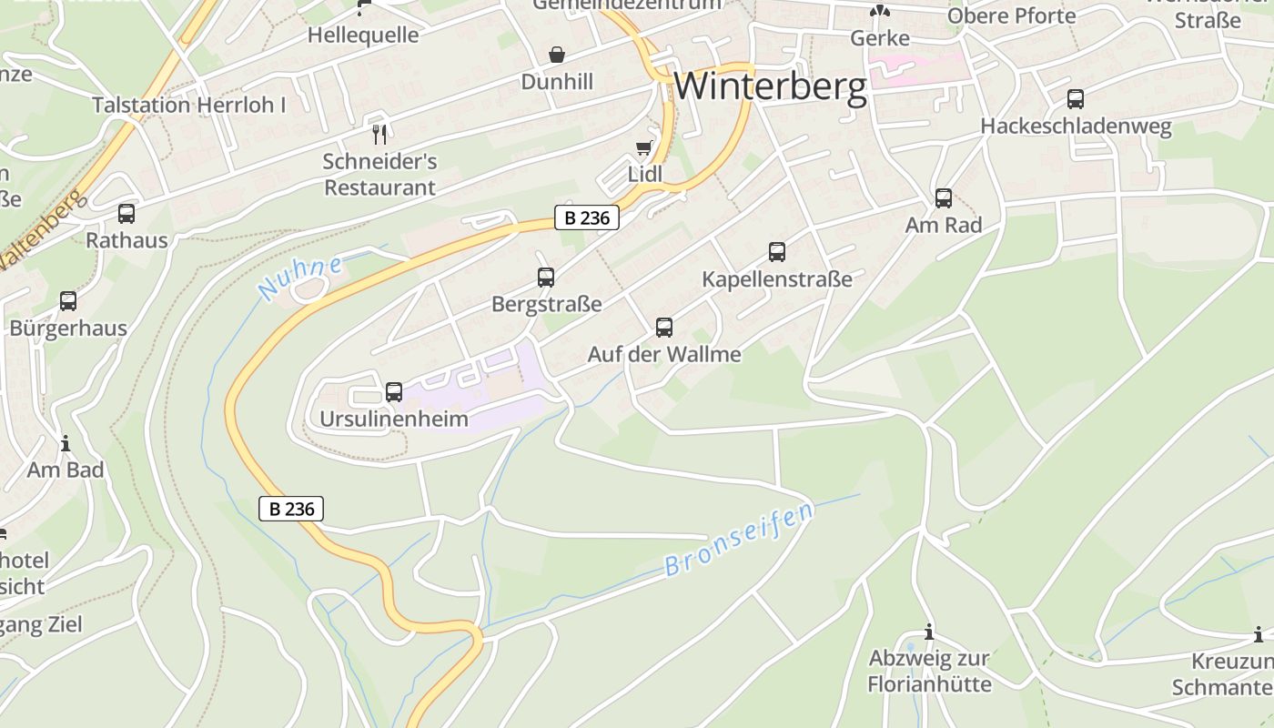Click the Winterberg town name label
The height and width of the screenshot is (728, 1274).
[x=771, y=86]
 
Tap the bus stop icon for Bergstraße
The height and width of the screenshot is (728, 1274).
[x=546, y=278]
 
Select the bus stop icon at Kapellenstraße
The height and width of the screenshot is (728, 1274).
[x=776, y=252]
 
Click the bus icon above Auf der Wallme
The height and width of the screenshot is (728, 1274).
[x=664, y=328]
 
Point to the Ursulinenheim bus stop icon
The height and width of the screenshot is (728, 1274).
[x=394, y=392]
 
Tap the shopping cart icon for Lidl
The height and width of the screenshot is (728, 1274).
[x=644, y=147]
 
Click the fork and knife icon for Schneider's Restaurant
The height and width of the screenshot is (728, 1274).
[x=379, y=134]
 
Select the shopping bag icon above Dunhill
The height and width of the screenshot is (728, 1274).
[x=557, y=56]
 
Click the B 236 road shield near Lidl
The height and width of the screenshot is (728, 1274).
[x=587, y=218]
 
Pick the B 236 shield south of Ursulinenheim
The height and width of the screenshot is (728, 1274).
[x=291, y=510]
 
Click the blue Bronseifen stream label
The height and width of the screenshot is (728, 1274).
[x=739, y=540]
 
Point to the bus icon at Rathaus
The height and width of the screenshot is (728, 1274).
[x=126, y=214]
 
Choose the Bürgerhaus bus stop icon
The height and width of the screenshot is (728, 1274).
[x=68, y=301]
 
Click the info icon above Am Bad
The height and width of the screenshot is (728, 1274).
[x=66, y=444]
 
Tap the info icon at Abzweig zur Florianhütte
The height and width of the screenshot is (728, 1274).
[x=928, y=632]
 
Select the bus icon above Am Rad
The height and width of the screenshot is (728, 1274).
[x=944, y=197]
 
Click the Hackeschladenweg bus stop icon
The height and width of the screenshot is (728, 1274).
[x=1076, y=99]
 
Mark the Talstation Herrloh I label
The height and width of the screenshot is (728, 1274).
[x=189, y=105]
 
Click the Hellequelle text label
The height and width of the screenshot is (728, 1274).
[x=363, y=35]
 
